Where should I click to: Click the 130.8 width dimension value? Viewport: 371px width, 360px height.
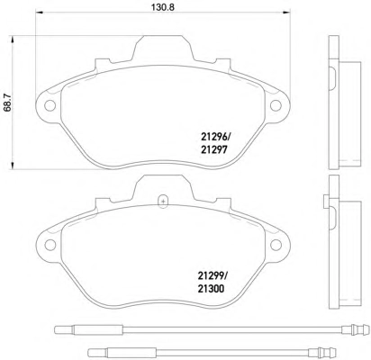163,6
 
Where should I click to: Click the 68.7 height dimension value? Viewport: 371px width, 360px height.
7,103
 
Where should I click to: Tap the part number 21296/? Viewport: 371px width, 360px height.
215,138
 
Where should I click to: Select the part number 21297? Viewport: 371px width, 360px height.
213,149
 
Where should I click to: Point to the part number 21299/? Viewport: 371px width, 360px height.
213,275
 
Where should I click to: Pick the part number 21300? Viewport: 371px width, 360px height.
211,289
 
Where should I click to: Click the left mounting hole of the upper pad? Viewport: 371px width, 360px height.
50,105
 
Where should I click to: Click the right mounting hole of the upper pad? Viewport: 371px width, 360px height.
276,105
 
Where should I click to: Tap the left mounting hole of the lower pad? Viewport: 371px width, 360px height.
50,245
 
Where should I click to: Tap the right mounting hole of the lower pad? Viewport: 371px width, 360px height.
276,245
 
